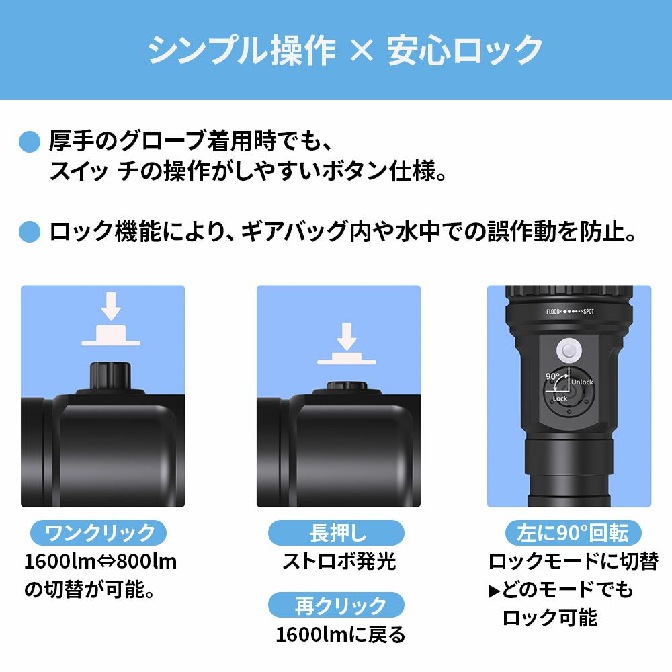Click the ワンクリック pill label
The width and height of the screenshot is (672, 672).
pos(99,534)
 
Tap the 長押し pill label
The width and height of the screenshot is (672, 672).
pos(336,534)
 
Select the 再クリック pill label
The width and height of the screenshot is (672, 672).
pos(336,605)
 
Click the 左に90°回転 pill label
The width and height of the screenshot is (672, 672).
pos(573,534)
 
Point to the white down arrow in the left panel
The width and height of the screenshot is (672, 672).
pos(111,306)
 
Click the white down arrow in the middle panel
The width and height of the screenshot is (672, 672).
pos(347,336)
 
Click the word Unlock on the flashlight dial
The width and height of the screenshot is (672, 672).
pos(582,382)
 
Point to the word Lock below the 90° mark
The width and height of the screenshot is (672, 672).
pos(560,398)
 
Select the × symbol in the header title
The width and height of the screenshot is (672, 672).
pos(362,50)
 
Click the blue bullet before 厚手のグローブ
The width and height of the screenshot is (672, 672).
pos(30,142)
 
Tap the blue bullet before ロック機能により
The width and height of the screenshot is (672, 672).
pos(30,233)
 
